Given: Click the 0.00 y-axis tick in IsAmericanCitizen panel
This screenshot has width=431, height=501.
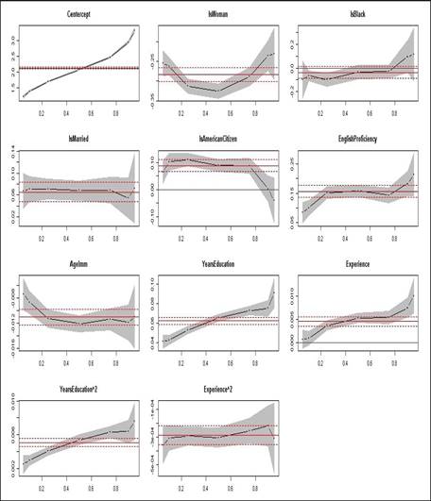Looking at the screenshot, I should coord(151,190).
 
